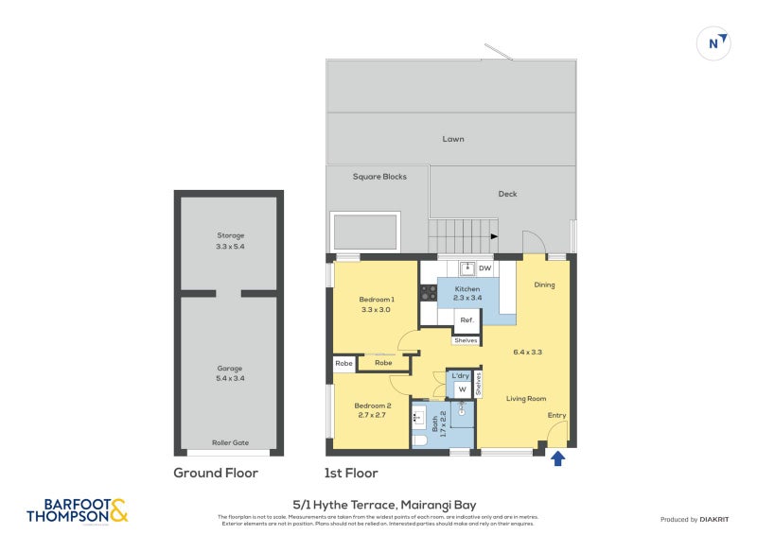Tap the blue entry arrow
[x=557, y=458]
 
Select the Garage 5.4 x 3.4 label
[x=229, y=374]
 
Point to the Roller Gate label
[x=229, y=441]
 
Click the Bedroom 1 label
[x=377, y=304]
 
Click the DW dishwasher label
[x=484, y=268]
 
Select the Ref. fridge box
[x=467, y=320]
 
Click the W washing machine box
[x=462, y=388]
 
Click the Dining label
[x=544, y=285]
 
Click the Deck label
[x=507, y=194]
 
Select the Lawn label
[x=453, y=139]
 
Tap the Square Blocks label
[x=379, y=177]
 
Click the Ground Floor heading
[x=216, y=473]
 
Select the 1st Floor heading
[x=351, y=473]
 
